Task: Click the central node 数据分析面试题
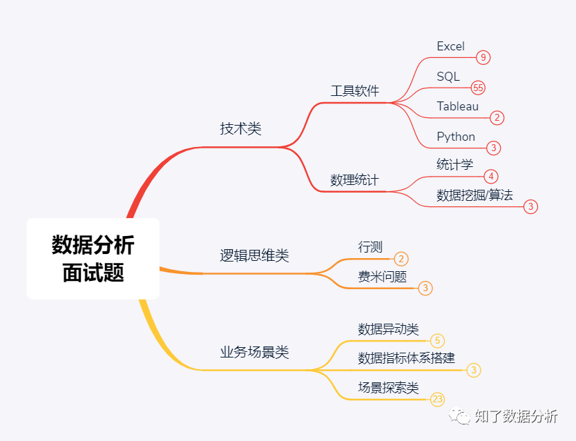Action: (x=93, y=259)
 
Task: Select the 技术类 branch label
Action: (x=240, y=129)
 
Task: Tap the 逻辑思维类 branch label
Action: (x=254, y=256)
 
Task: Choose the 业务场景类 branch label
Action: (x=254, y=353)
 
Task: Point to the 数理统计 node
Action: (x=354, y=181)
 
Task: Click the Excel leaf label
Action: (x=450, y=47)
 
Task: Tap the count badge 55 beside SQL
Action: (x=478, y=88)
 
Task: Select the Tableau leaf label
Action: (x=457, y=106)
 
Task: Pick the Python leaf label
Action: (x=456, y=137)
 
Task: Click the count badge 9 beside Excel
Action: (x=483, y=57)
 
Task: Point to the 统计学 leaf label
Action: (x=454, y=164)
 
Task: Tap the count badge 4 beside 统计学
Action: (x=491, y=176)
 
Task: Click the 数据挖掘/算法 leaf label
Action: (x=474, y=195)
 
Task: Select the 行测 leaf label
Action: (x=370, y=247)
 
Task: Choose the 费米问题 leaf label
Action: (x=382, y=277)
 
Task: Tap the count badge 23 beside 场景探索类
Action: (x=437, y=399)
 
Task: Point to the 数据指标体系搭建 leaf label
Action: (x=406, y=359)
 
